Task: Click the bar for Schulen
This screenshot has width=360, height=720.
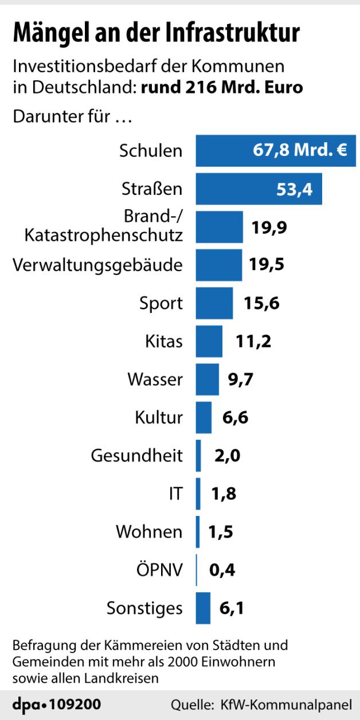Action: (x=275, y=151)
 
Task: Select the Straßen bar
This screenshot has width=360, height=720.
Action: (x=259, y=189)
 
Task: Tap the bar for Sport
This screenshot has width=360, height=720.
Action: (x=214, y=303)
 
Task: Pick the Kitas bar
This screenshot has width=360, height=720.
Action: (x=209, y=341)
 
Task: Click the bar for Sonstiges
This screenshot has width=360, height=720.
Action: (x=203, y=608)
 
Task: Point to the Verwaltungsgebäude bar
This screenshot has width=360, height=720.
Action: (x=219, y=265)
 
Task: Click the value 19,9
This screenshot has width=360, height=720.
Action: (x=269, y=227)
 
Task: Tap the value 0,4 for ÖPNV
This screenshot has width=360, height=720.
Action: (x=222, y=570)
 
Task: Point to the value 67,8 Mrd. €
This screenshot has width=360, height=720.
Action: (x=300, y=151)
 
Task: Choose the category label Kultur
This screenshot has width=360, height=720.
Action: (x=159, y=417)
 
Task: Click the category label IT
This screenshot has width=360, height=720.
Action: (x=175, y=494)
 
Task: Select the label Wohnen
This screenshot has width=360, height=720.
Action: (x=149, y=532)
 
